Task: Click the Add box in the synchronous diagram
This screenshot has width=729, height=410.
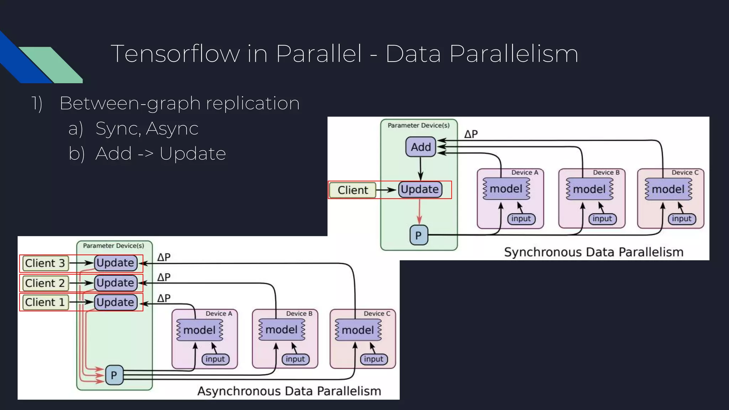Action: [x=421, y=147]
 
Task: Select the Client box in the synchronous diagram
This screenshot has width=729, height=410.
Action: [x=352, y=190]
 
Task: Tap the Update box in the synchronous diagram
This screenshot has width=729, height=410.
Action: [x=420, y=189]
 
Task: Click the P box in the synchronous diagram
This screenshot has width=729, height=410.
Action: [x=419, y=235]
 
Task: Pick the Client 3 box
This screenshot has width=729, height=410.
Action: [x=45, y=263]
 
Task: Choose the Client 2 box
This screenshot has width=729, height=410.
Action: [x=45, y=283]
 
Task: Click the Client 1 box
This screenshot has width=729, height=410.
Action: [x=45, y=303]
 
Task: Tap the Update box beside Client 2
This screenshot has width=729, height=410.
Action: [x=116, y=283]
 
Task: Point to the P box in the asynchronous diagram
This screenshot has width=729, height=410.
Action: [x=114, y=375]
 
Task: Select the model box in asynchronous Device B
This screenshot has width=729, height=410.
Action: [x=282, y=330]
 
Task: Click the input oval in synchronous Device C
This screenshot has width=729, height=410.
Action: [x=682, y=219]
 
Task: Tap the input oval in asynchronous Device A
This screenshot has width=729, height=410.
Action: [x=215, y=359]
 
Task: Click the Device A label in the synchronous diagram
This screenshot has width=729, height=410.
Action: [x=525, y=173]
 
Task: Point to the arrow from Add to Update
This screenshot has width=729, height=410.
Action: [x=420, y=168]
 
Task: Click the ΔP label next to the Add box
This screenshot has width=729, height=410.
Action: [x=471, y=135]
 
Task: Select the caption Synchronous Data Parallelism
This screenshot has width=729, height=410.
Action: [x=594, y=252]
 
